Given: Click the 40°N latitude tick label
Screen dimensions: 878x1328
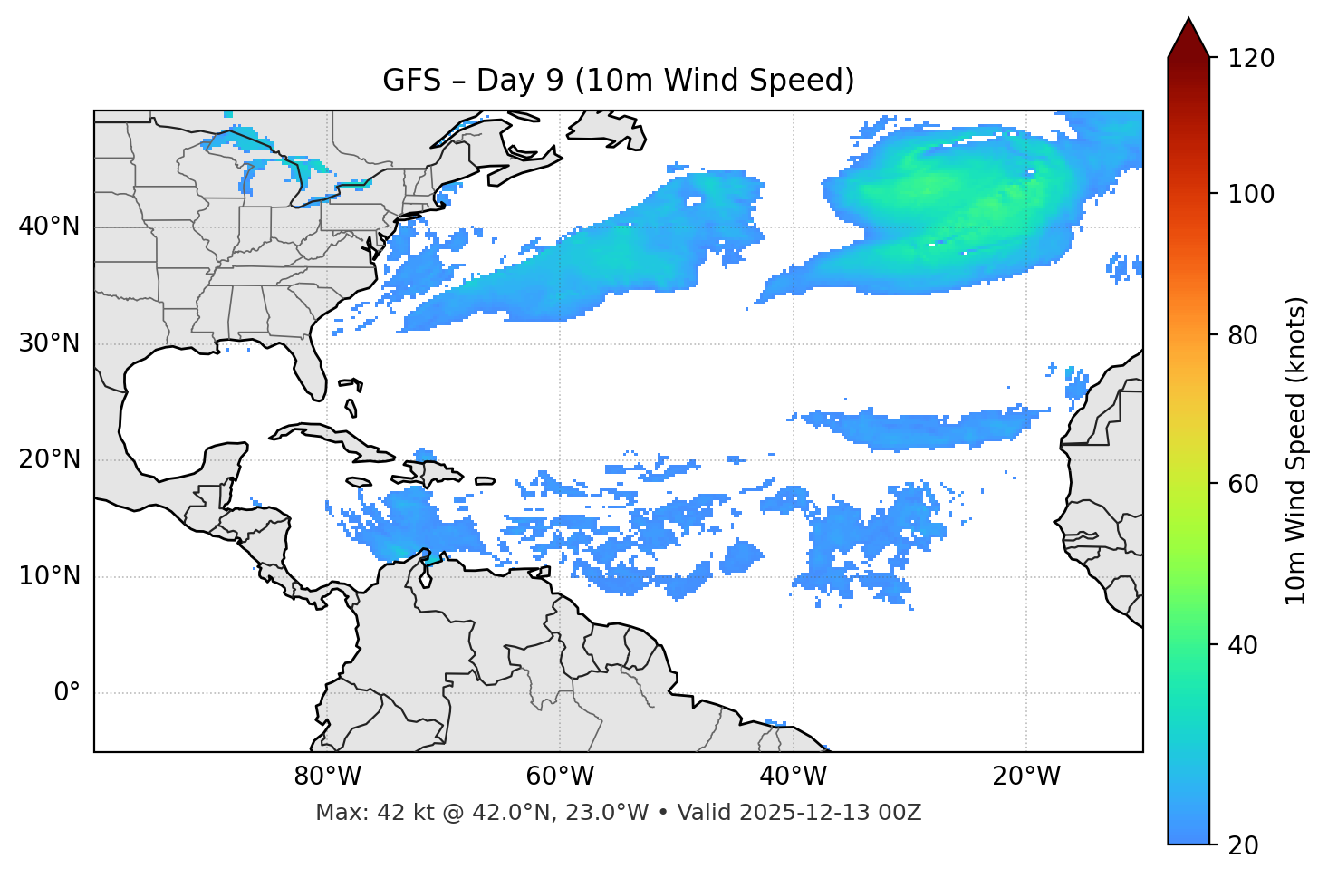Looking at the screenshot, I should click(49, 227).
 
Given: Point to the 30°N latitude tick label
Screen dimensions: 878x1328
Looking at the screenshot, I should click(49, 343).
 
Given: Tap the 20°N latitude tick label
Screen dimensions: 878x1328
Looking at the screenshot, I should click(49, 459).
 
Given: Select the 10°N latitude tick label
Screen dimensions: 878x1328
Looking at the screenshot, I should click(49, 576).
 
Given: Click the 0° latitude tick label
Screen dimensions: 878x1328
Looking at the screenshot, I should click(67, 693).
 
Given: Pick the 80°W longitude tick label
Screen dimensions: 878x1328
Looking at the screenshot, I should click(327, 777).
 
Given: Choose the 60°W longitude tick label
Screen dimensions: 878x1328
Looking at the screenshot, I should click(560, 777).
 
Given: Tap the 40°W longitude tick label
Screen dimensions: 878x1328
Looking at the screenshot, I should click(794, 777).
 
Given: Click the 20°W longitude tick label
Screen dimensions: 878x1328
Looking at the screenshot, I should click(1026, 777).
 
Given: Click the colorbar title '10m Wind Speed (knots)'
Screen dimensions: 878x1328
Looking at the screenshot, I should click(1297, 451).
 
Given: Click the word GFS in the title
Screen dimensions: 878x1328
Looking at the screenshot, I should click(411, 81).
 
